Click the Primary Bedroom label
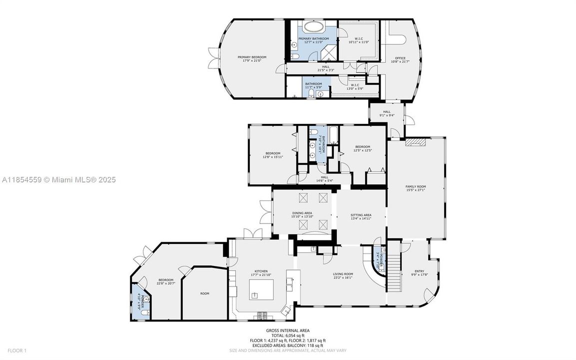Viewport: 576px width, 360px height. tap(252, 57)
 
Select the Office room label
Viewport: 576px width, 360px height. tap(400, 58)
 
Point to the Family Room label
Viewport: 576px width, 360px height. tap(415, 186)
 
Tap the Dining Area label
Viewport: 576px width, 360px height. tap(302, 213)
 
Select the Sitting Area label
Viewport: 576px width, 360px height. tap(361, 215)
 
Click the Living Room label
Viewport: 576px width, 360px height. tap(343, 274)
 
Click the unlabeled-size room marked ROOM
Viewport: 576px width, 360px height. tap(205, 293)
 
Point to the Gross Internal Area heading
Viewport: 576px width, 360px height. tap(288, 330)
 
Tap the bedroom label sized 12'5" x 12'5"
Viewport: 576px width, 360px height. tap(363, 147)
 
